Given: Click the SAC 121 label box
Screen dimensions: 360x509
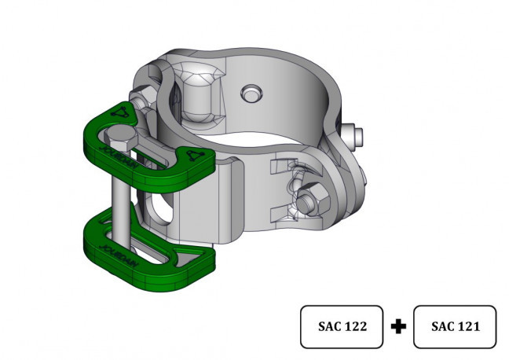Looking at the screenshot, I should [455, 326].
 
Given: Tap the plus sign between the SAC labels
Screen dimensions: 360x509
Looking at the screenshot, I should [398, 326].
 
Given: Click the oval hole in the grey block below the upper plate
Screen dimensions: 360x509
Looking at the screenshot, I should [162, 210].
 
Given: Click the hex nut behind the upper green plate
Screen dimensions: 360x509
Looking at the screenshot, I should [141, 101].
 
